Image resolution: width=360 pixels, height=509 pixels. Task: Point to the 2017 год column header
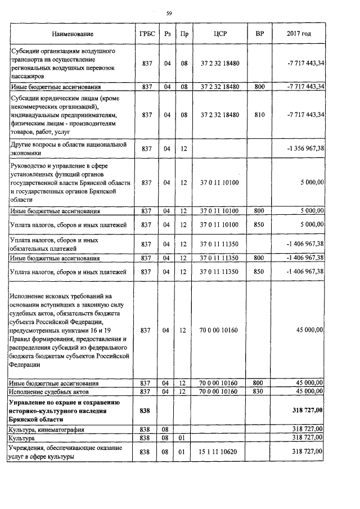(299, 34)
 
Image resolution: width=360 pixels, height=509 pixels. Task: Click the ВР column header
(259, 34)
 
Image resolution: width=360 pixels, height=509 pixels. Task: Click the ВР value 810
(259, 115)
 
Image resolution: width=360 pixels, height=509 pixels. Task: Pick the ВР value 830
(259, 391)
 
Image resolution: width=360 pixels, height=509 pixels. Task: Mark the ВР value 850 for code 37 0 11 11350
(259, 272)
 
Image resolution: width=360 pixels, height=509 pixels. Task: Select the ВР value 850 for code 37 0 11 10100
(259, 225)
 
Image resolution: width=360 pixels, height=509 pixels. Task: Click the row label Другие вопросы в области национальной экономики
(67, 149)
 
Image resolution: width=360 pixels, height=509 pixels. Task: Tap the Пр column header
(184, 34)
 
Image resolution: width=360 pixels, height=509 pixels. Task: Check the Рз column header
(166, 34)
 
